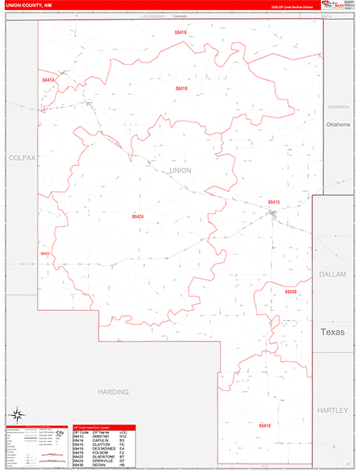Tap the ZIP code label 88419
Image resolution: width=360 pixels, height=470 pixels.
181,32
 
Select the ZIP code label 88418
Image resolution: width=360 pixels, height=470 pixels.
181,89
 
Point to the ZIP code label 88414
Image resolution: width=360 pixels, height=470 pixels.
49,80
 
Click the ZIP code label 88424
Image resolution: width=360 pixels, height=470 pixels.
138,215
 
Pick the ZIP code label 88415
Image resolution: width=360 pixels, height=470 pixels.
273,201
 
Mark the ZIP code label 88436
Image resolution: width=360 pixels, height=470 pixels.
290,291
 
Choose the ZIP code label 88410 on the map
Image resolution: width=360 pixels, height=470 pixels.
265,425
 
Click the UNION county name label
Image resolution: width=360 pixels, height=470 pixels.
180,170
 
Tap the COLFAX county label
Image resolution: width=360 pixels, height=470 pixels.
22,157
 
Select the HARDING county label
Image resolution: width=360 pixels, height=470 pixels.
113,390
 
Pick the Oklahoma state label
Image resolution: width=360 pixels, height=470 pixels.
337,125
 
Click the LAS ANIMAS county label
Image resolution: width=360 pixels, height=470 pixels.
155,16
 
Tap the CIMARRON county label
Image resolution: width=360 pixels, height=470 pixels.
337,106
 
